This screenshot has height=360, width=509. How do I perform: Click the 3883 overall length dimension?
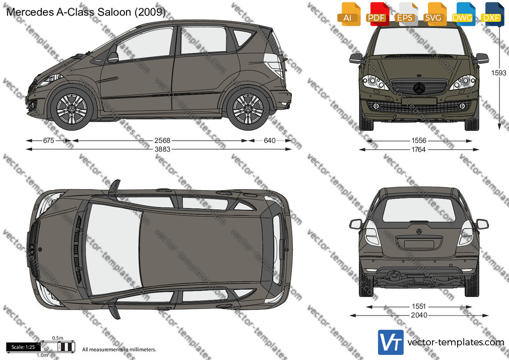pyautogui.click(x=162, y=149)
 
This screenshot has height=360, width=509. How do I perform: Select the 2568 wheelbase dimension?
pyautogui.click(x=162, y=140)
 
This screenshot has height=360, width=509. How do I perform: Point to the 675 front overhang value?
pyautogui.click(x=48, y=140)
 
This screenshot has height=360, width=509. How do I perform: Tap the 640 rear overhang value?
pyautogui.click(x=270, y=140)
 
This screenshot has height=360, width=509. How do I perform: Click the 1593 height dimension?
pyautogui.click(x=498, y=73)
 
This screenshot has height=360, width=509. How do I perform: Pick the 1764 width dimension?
pyautogui.click(x=419, y=149)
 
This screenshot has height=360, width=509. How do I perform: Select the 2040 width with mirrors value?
pyautogui.click(x=419, y=315)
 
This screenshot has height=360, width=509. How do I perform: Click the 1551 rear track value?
pyautogui.click(x=419, y=307)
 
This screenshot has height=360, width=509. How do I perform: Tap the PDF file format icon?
pyautogui.click(x=377, y=14)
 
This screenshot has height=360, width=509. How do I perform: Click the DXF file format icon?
pyautogui.click(x=492, y=14)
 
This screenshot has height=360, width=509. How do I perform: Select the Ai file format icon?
pyautogui.click(x=349, y=14)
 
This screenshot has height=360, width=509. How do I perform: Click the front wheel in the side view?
pyautogui.click(x=72, y=108)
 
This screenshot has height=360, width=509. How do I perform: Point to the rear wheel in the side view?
pyautogui.click(x=248, y=108)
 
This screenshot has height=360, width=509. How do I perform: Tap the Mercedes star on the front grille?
pyautogui.click(x=419, y=88)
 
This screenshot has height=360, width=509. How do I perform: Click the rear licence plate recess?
pyautogui.click(x=419, y=244)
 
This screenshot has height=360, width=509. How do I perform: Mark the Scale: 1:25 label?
pyautogui.click(x=23, y=347)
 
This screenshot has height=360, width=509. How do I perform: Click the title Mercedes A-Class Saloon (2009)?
pyautogui.click(x=86, y=12)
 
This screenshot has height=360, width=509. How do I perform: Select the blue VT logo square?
pyautogui.click(x=391, y=342)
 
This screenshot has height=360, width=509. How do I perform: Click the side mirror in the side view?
pyautogui.click(x=113, y=57)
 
